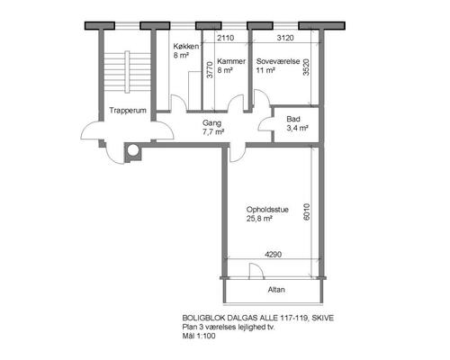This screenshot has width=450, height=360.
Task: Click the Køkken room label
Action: [186, 47]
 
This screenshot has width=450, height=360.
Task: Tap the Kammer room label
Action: [231, 61]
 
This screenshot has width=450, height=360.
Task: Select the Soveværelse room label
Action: [278, 61]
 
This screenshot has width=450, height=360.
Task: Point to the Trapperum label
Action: [128, 111]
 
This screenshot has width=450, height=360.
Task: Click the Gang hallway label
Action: [211, 123]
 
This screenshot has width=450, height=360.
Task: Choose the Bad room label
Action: [293, 119]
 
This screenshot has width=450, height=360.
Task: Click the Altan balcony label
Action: [276, 290]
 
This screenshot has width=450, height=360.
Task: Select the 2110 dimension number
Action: [226, 38]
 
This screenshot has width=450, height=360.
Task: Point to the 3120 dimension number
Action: [285, 38]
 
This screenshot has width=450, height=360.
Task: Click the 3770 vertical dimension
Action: [210, 70]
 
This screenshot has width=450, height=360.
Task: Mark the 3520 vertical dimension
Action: [306, 67]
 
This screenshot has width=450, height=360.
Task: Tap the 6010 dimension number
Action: [306, 211]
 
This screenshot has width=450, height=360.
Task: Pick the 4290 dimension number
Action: [274, 255]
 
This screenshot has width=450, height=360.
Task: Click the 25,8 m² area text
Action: [259, 219]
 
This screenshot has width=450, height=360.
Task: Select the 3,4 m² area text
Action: [297, 129]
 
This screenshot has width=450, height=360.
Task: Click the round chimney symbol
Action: [133, 150]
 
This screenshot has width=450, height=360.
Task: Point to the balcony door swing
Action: [256, 271]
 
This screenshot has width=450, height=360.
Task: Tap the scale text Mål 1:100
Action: [199, 336]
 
